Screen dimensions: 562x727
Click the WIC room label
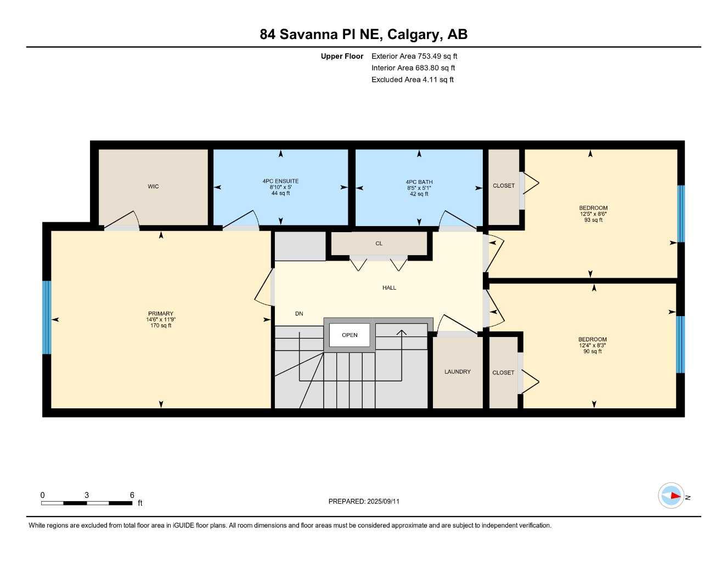point(153,187)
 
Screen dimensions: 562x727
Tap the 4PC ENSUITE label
point(280,181)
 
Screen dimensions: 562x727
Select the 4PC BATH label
point(419,182)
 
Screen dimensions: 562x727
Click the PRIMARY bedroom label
point(161,314)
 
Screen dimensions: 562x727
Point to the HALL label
point(389,288)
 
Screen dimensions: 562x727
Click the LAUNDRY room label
point(457,372)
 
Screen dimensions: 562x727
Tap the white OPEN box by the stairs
point(350,335)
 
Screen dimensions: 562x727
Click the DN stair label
point(299,314)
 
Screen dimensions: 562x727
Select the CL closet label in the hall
point(379,244)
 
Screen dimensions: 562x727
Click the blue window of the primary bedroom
point(47,317)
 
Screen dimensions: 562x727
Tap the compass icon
point(671,496)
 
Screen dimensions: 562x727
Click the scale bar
point(87,503)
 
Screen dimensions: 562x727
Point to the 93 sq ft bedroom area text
point(593,220)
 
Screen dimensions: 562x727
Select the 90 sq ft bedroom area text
point(593,351)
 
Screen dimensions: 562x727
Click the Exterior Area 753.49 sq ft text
point(414,56)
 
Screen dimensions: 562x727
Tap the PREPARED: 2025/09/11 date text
point(364,501)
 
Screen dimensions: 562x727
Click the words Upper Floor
point(342,56)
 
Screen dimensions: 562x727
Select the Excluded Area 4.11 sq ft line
point(412,80)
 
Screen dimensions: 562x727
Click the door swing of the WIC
point(123,220)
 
